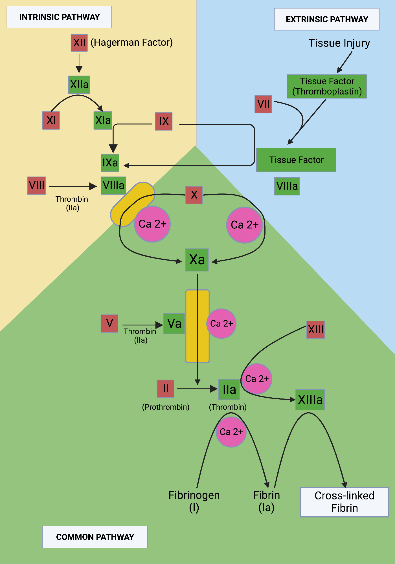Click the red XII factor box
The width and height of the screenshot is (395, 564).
click(79, 43)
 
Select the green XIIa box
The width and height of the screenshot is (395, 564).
click(79, 85)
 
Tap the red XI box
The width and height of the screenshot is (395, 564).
click(51, 120)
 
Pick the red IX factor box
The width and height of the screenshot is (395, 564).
click(164, 121)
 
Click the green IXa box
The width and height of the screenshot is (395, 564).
click(110, 163)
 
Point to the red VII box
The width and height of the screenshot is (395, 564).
click(263, 104)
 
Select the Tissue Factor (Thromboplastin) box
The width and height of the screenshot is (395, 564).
click(327, 86)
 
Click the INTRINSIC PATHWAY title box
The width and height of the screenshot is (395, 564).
click(59, 17)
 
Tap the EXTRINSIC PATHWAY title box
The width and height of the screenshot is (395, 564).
click(327, 19)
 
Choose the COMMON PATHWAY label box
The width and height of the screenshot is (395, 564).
click(95, 537)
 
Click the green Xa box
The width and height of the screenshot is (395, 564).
click(197, 260)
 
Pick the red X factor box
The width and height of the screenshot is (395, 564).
click(194, 195)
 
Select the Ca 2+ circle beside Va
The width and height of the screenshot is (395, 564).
click(221, 323)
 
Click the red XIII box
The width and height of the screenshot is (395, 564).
click(315, 329)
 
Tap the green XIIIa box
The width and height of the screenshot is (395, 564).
click(310, 400)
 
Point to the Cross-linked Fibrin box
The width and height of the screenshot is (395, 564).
click(344, 502)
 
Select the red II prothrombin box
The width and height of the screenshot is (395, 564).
click(166, 389)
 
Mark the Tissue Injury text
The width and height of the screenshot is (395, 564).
click(339, 43)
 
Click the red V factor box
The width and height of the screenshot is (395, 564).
click(109, 323)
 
